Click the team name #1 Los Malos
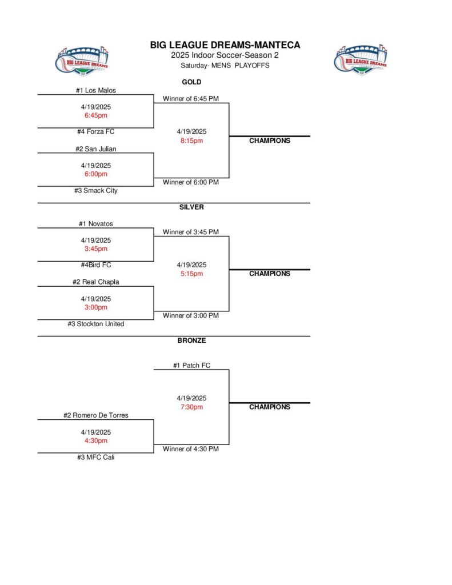[x=95, y=90]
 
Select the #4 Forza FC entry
[x=95, y=132]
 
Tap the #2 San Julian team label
[x=95, y=149]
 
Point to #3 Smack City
[x=95, y=191]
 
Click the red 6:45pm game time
[x=95, y=115]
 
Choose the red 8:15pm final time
[x=191, y=141]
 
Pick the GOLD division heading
[x=191, y=82]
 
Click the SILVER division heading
[x=191, y=207]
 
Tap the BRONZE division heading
[x=191, y=340]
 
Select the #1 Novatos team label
[x=95, y=224]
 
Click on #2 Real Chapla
[x=95, y=282]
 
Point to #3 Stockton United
[x=95, y=324]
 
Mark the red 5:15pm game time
[x=191, y=274]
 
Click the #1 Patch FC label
[x=191, y=366]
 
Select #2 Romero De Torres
[x=95, y=415]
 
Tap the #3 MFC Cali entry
[x=95, y=457]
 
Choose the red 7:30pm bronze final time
[x=191, y=407]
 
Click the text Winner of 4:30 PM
[x=191, y=449]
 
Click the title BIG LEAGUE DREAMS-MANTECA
[x=225, y=45]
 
